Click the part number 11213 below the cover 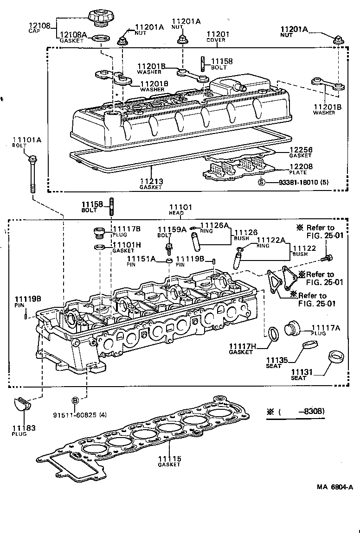(151, 181)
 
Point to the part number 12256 (301, 150)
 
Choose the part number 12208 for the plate (301, 166)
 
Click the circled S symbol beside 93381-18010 (262, 182)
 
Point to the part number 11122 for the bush (304, 248)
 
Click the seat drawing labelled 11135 (309, 345)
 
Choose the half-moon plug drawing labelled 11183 (21, 405)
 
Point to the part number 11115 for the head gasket (169, 459)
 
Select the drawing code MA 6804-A (335, 487)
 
